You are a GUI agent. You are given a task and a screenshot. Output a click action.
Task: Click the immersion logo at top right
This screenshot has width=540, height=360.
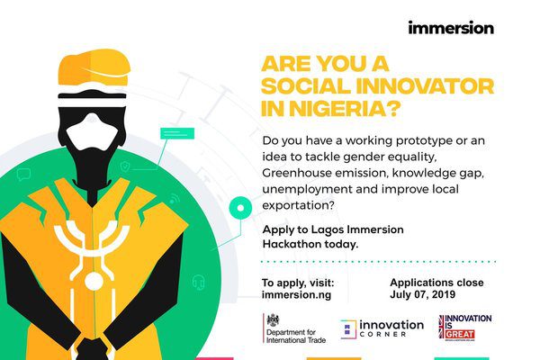tap(451, 28)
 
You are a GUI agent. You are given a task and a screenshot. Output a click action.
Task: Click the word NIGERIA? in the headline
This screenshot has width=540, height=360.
tap(345, 109)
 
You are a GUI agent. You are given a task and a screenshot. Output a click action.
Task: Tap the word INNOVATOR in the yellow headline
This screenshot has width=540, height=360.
tap(425, 86)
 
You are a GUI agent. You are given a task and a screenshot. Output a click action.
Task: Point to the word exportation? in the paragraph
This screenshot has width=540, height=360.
tap(298, 206)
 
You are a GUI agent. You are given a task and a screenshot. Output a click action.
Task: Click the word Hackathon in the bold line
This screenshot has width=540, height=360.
tap(292, 244)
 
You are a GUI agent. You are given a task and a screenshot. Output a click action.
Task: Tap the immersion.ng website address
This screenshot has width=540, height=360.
tap(296, 295)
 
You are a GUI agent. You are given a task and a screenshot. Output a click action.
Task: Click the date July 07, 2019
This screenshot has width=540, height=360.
tap(423, 294)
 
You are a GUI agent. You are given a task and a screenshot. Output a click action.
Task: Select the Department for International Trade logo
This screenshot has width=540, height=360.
tap(294, 328)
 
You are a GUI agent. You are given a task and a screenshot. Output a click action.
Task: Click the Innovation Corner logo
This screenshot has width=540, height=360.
tap(382, 328)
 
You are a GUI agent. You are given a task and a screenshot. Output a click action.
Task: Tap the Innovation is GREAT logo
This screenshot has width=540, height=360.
tap(465, 327)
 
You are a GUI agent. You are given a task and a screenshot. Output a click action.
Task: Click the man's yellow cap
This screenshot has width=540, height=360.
tap(94, 67)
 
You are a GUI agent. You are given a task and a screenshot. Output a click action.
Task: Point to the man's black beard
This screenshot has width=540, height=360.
tap(93, 162)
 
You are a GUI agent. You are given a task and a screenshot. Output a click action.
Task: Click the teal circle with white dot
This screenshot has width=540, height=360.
tap(240, 208)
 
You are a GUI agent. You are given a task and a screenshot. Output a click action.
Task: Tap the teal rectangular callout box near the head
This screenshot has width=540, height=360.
tap(177, 133)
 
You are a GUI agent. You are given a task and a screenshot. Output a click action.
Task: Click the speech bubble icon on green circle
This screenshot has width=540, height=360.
tap(23, 175)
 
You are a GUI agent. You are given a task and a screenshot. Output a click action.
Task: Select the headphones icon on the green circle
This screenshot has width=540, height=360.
tap(198, 283)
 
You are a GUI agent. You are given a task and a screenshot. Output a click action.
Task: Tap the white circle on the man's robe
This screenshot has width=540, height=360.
tap(94, 283)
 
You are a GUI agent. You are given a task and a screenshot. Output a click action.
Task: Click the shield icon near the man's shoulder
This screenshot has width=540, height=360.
tap(125, 166)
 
